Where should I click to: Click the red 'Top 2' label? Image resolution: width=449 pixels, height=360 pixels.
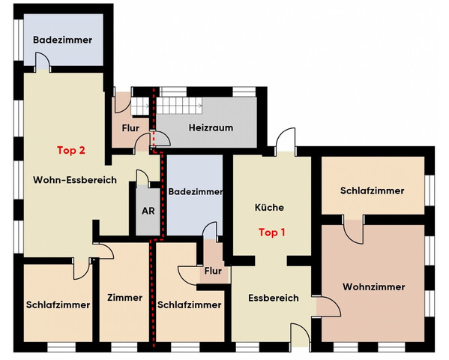click(71, 149)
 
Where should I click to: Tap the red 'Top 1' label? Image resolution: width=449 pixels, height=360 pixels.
click(271, 232)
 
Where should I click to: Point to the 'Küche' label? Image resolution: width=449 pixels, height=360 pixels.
click(269, 207)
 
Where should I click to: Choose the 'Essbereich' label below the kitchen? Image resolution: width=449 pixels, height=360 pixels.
click(274, 298)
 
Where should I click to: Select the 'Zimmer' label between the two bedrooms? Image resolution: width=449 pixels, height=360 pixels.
click(124, 298)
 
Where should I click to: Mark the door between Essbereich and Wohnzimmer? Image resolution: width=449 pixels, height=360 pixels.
click(328, 304)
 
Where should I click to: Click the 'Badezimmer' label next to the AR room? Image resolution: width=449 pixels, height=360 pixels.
click(195, 192)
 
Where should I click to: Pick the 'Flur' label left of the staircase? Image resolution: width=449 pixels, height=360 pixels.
click(130, 127)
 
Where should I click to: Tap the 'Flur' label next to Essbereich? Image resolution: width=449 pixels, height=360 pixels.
click(213, 271)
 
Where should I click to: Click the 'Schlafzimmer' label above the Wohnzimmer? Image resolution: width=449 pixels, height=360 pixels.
click(373, 190)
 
